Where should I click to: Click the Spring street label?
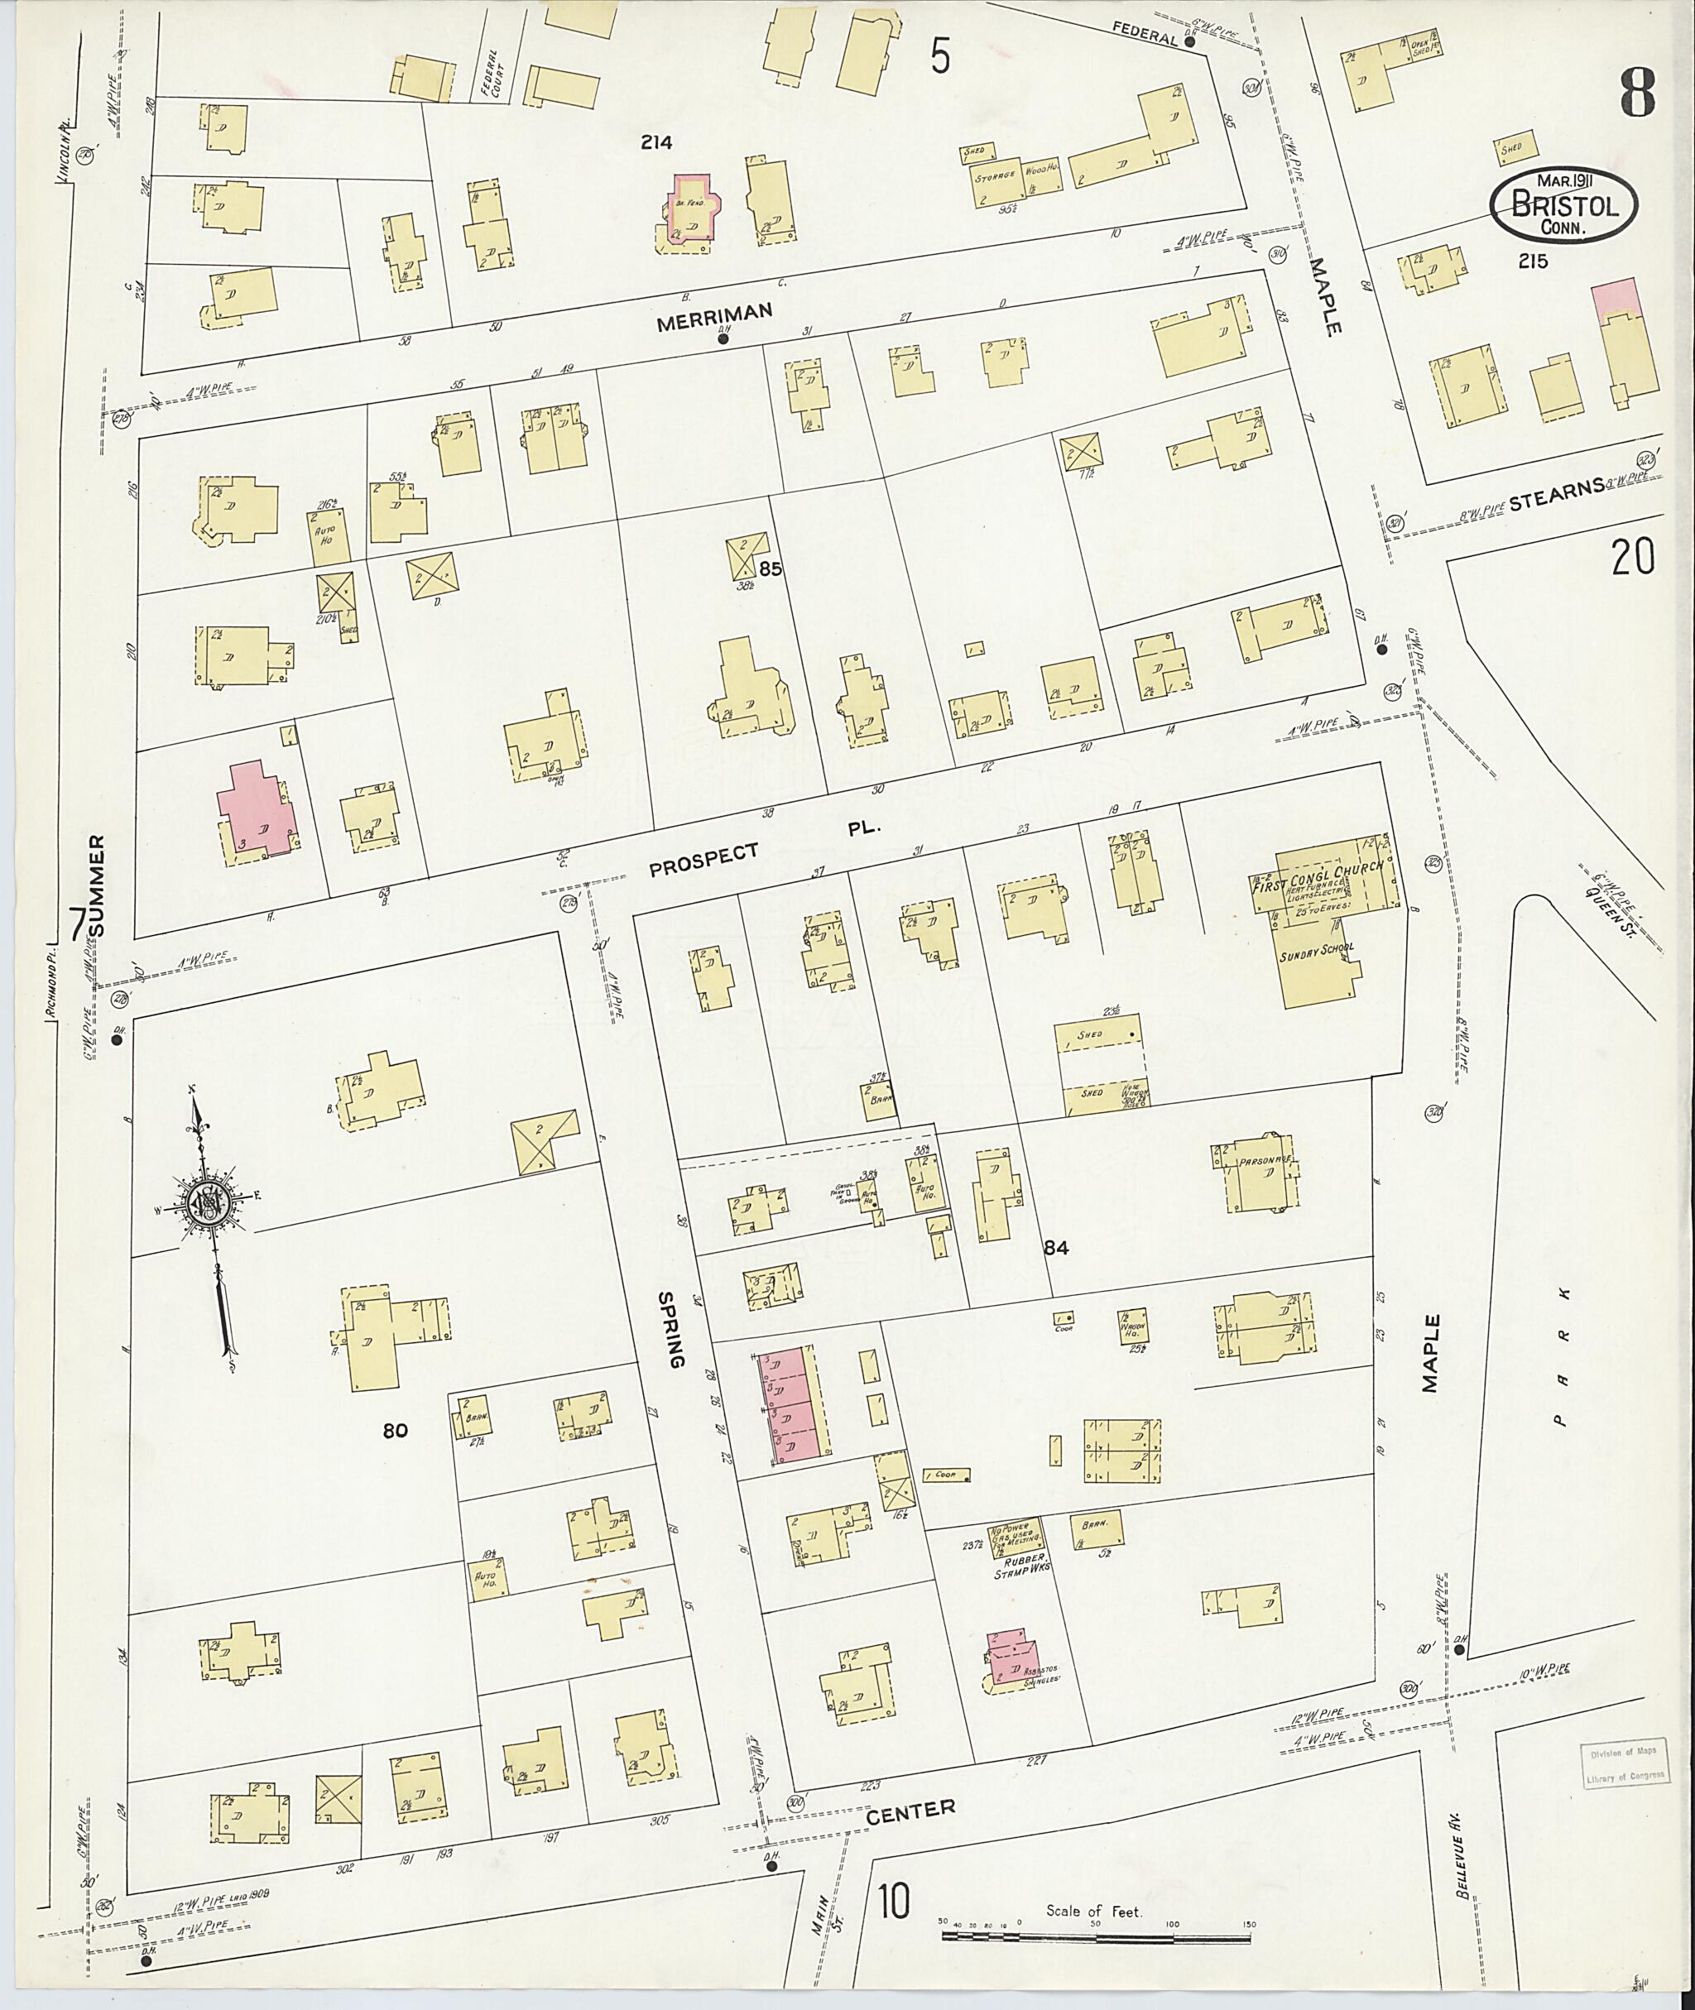(672, 1330)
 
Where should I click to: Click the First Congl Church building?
(1331, 880)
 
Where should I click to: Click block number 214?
(657, 142)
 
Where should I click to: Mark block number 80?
(395, 1431)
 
